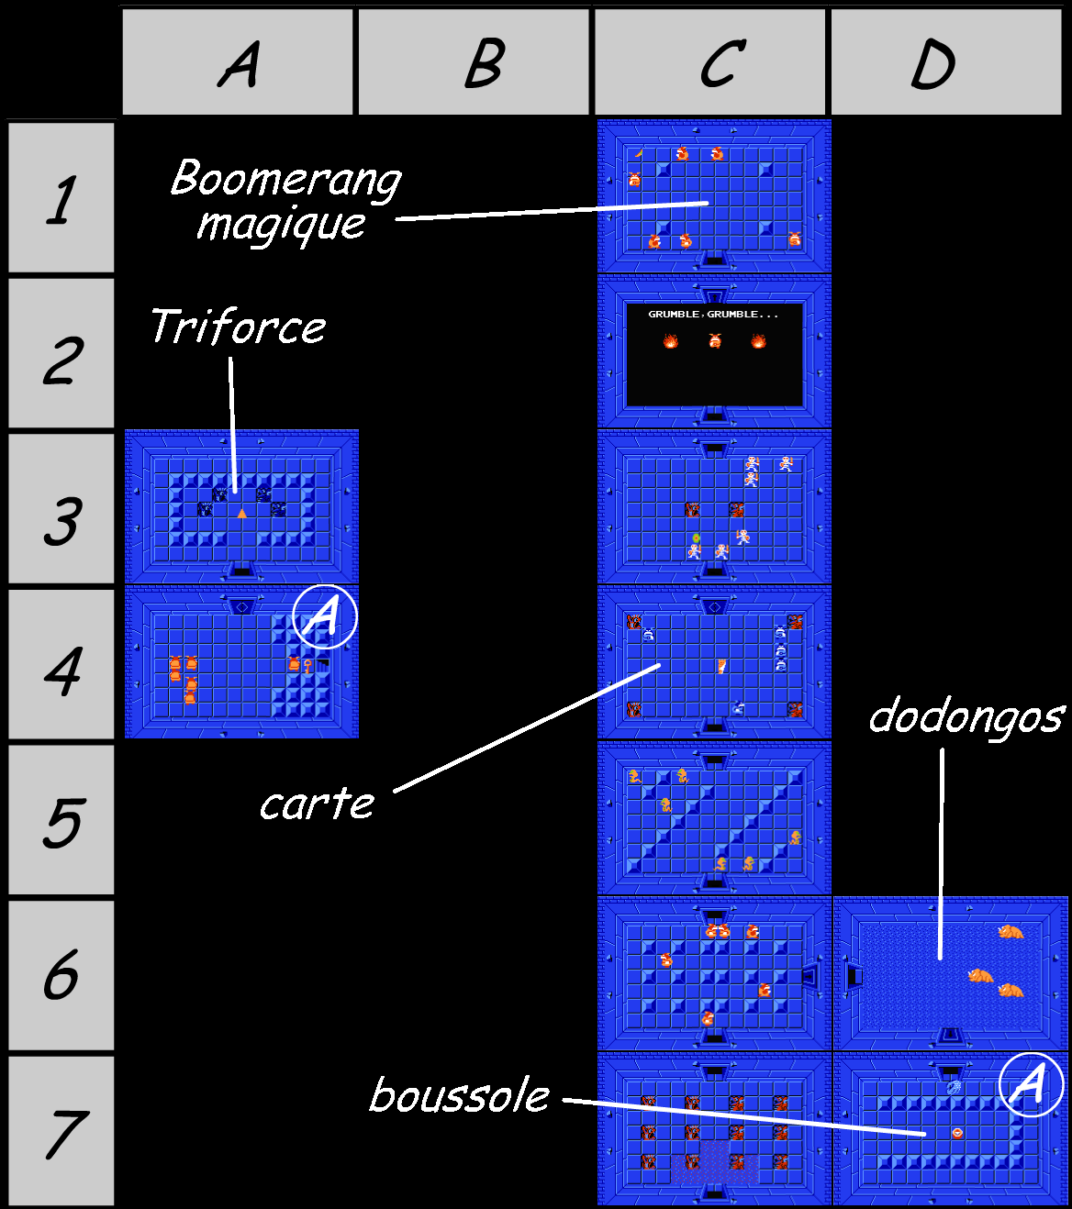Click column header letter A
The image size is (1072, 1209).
[239, 64]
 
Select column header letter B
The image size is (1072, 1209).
[483, 64]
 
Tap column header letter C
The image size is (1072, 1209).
[722, 64]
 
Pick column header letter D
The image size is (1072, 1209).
[932, 65]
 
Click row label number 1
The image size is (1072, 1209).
[61, 200]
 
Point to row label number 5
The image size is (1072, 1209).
[61, 822]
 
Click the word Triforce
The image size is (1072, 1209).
[238, 327]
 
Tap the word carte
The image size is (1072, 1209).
[317, 804]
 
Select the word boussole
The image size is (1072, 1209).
[459, 1095]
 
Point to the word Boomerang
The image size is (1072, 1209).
[285, 179]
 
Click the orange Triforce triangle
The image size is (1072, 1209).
[241, 513]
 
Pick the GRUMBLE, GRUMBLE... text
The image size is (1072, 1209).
[714, 314]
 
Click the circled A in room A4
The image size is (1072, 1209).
[324, 616]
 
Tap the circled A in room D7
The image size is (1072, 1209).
[1031, 1084]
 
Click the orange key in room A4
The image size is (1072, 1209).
[307, 666]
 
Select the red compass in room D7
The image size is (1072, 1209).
[957, 1133]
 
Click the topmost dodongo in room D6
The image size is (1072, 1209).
[1011, 931]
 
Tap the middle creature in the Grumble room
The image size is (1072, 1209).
[715, 340]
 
